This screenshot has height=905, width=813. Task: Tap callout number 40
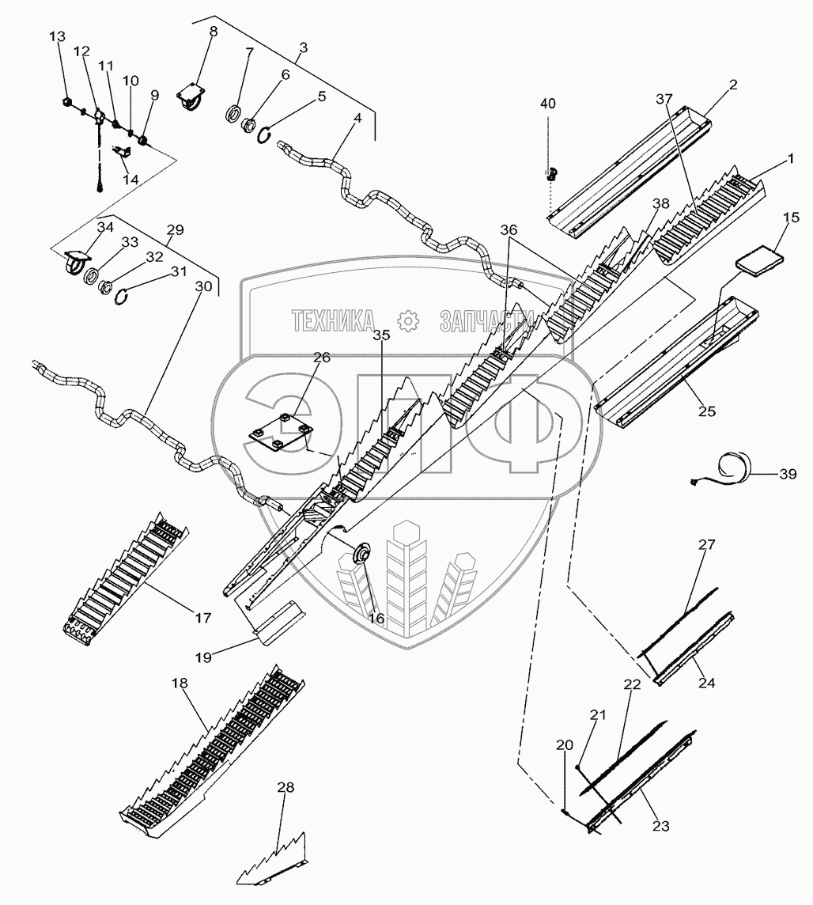pos(547,104)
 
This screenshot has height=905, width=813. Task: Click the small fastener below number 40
pos(552,172)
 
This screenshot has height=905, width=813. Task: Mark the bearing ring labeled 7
pos(235,113)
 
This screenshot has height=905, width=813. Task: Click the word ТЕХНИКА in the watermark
pos(333,320)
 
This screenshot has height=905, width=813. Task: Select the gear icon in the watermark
pos(406,320)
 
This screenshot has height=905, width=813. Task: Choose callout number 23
pos(660,826)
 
